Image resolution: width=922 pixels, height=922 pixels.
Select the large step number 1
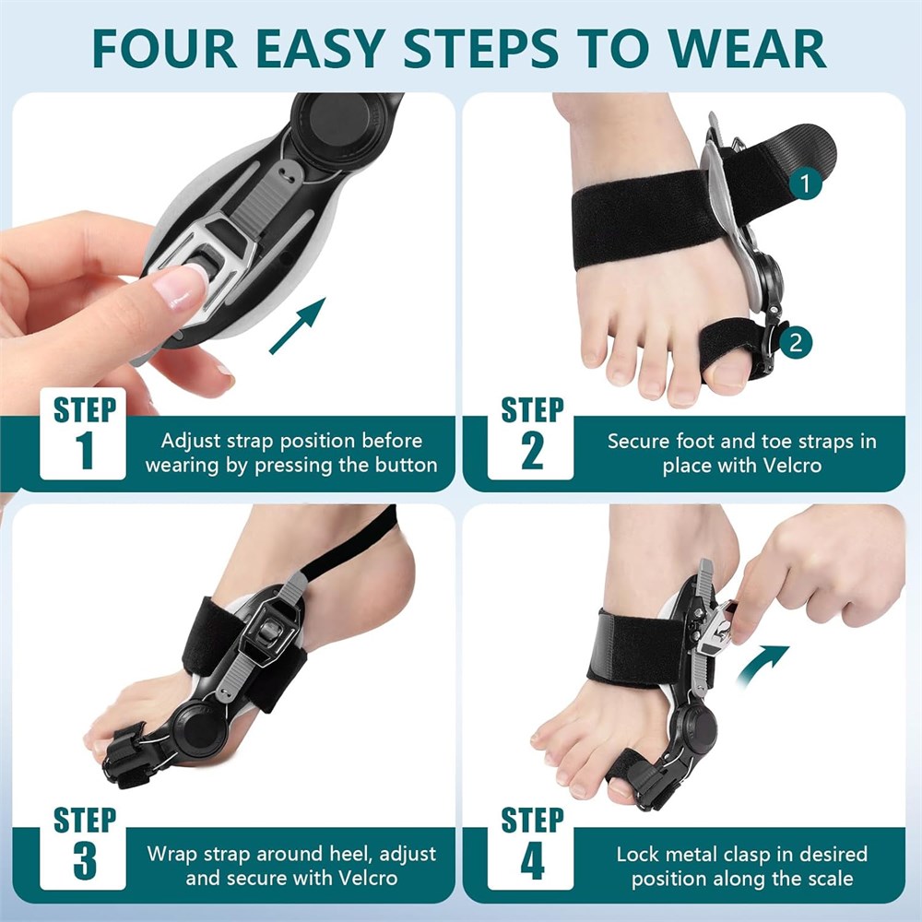[x=85, y=451]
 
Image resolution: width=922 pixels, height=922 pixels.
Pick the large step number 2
[x=532, y=451]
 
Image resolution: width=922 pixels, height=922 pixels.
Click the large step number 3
[x=85, y=861]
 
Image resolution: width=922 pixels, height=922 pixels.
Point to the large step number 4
[x=532, y=861]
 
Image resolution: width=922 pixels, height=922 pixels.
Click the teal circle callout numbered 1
[x=805, y=183]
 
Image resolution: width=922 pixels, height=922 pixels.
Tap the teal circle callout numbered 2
[x=795, y=342]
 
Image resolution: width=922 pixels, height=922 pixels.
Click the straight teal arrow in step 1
[x=298, y=325]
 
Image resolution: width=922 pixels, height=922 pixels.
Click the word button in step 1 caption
[x=407, y=465]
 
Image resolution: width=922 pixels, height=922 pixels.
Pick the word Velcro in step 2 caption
[x=792, y=466]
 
